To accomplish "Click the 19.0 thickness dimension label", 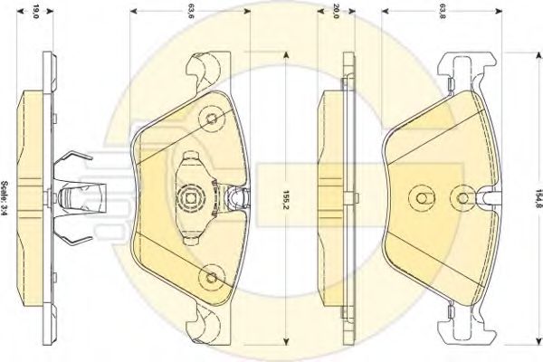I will tap(35, 12).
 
